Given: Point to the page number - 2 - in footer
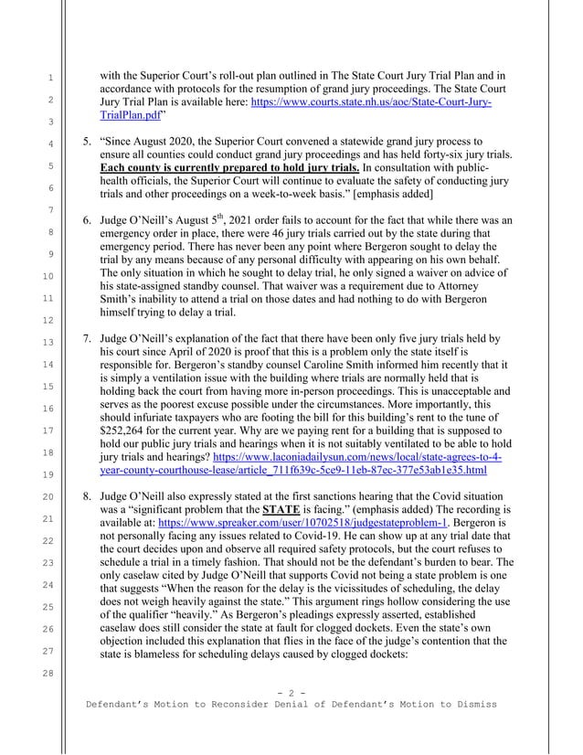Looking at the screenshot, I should click(x=291, y=692).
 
